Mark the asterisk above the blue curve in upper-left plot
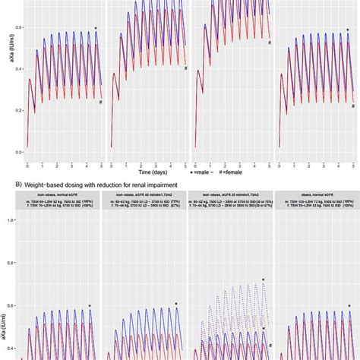(96, 29)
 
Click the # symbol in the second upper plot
(185, 68)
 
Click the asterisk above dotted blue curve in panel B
(264, 280)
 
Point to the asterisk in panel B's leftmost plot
(90, 306)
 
